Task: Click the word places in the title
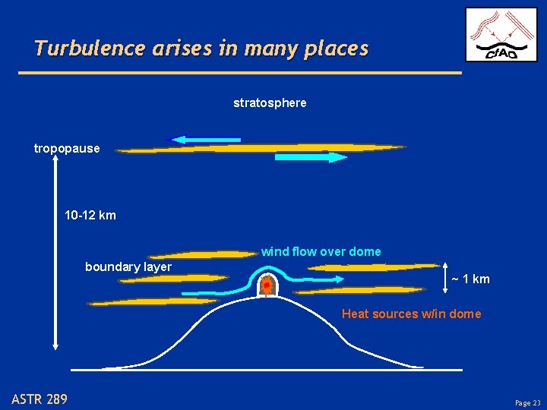pyautogui.click(x=334, y=49)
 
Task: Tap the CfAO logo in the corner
pyautogui.click(x=501, y=34)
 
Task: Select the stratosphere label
pyautogui.click(x=270, y=102)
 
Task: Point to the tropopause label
pyautogui.click(x=67, y=148)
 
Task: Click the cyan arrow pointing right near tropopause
pyautogui.click(x=310, y=157)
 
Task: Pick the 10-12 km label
pyautogui.click(x=90, y=216)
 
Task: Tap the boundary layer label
pyautogui.click(x=128, y=266)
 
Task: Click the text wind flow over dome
pyautogui.click(x=321, y=251)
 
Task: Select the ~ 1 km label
pyautogui.click(x=470, y=279)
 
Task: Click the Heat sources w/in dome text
pyautogui.click(x=411, y=314)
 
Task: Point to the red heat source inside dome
pyautogui.click(x=267, y=286)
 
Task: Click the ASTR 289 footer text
pyautogui.click(x=40, y=399)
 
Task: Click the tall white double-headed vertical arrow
pyautogui.click(x=55, y=251)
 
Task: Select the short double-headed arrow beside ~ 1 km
pyautogui.click(x=444, y=279)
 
